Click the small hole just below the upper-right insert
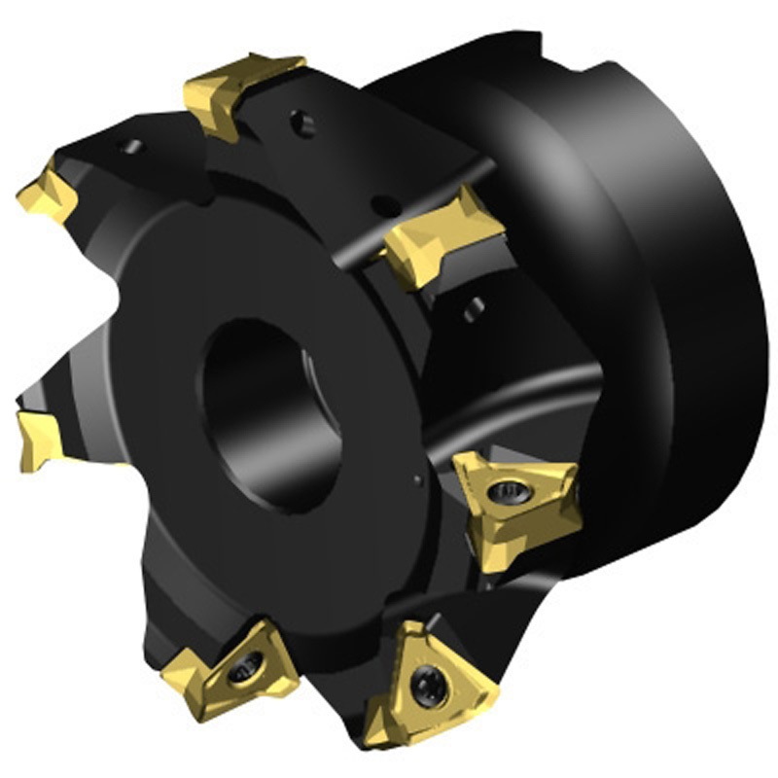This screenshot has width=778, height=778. point(473,309)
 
